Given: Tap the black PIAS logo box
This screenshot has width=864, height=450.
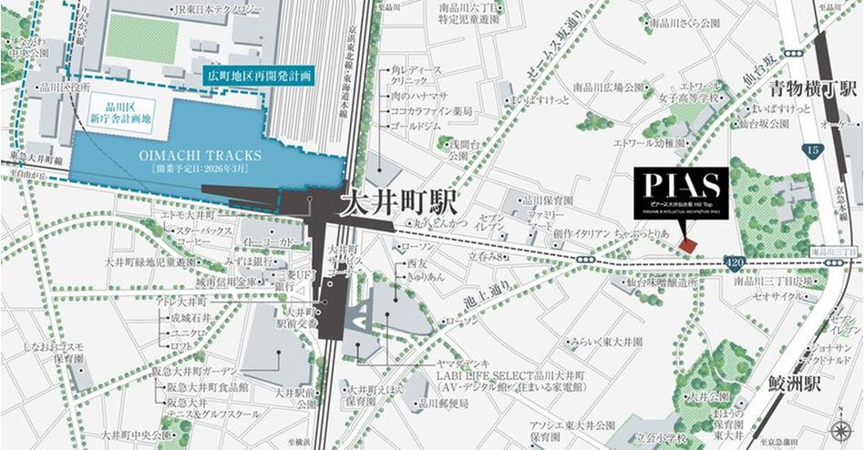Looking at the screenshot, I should point(682,192).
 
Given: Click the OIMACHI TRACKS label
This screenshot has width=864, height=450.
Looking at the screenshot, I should point(201,156).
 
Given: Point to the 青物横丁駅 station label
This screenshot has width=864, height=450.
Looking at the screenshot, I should point(813,89).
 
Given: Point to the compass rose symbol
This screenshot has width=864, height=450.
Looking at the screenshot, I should point(838,430).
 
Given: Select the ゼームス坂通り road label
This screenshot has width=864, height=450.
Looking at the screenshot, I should point(548,46).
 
